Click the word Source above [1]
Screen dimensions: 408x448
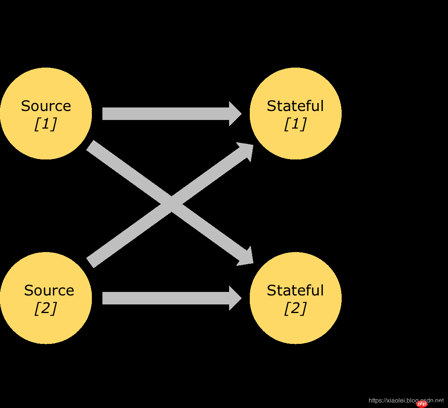tap(46, 106)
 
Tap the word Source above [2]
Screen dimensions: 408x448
tap(49, 290)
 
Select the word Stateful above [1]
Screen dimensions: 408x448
tap(295, 106)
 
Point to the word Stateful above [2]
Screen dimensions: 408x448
tap(295, 290)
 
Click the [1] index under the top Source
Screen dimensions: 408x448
tap(45, 124)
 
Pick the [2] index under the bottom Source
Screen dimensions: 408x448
tap(45, 308)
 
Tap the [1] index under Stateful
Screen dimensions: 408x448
tap(295, 124)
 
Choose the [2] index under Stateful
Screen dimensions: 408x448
tap(295, 308)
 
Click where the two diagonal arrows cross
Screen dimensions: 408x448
tap(171, 204)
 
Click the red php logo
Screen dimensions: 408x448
tap(422, 404)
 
